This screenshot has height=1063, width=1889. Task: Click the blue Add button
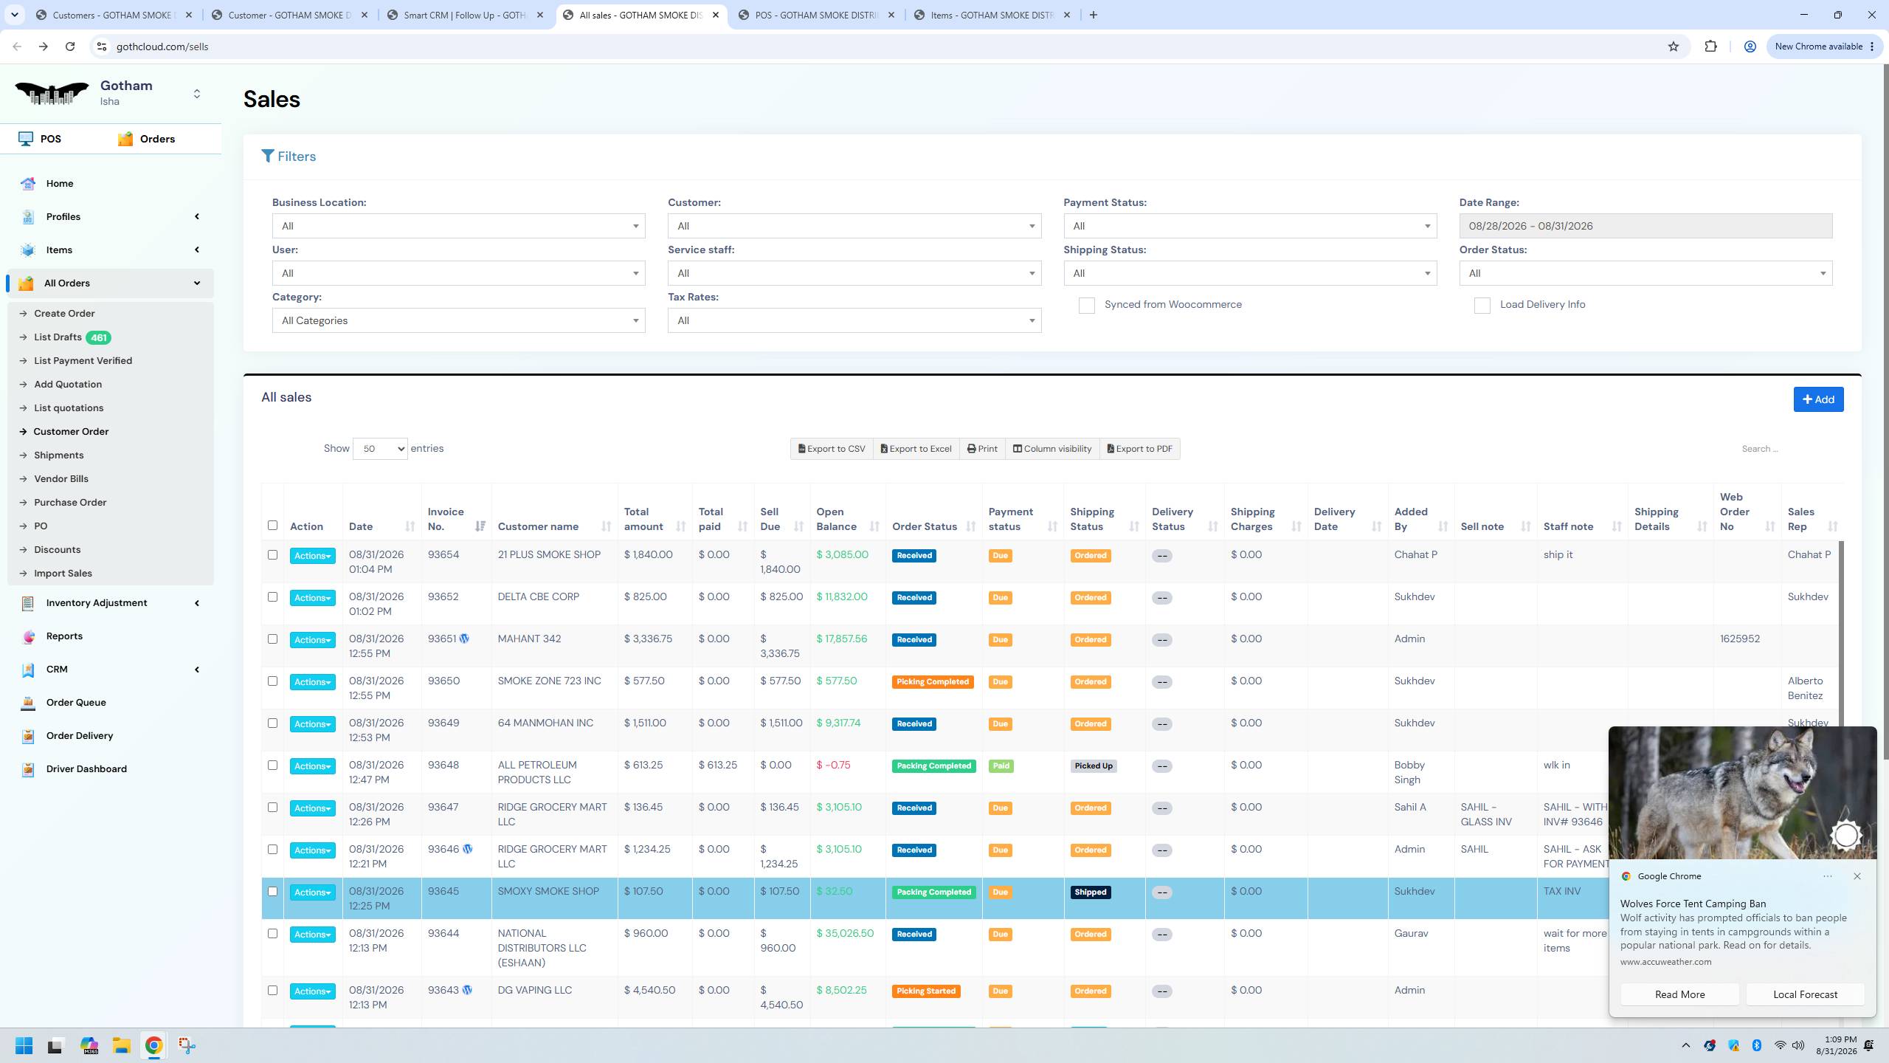tap(1818, 399)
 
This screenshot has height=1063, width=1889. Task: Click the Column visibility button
tap(1052, 449)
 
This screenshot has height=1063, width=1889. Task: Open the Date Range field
tap(1645, 226)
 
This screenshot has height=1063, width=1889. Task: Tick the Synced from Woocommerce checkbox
tap(1086, 306)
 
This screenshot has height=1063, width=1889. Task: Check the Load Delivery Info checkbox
tap(1482, 306)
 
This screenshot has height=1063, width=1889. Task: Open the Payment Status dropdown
tap(1250, 226)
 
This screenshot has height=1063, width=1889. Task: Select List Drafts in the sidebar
tap(58, 337)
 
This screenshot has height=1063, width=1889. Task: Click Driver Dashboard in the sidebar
tap(86, 768)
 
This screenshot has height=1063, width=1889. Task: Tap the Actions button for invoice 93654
tap(312, 556)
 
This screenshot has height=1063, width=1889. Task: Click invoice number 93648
tap(443, 765)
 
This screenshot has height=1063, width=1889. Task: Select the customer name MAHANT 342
tap(529, 639)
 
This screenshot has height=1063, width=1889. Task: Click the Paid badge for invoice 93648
tap(1001, 766)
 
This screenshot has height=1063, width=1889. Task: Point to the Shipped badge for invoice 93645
tap(1091, 892)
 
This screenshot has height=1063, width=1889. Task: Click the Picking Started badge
tap(926, 991)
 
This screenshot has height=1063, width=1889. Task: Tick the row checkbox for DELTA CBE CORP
tap(272, 596)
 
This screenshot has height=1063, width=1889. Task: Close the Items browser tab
tap(1066, 15)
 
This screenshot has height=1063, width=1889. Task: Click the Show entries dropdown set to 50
tap(380, 449)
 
